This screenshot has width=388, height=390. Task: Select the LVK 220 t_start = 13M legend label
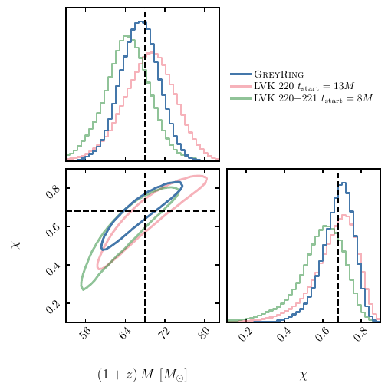[304, 87]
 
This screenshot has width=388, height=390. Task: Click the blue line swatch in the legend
[241, 74]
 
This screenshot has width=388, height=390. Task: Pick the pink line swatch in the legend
[241, 87]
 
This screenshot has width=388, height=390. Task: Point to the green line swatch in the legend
[241, 99]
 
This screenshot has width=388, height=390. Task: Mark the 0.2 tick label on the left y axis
[51, 305]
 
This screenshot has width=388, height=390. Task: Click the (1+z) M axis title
[143, 375]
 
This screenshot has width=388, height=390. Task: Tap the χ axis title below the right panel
[304, 375]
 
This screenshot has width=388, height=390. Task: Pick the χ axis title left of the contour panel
[15, 244]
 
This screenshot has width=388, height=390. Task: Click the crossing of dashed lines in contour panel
[145, 211]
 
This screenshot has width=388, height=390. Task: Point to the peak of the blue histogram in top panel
[140, 22]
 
